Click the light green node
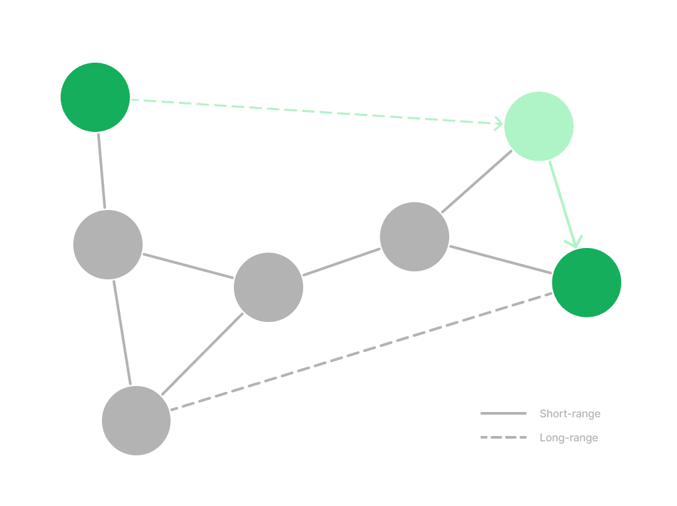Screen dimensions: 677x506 (x=539, y=126)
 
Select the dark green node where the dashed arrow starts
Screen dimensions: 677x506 (x=95, y=97)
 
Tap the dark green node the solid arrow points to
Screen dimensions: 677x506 (x=587, y=283)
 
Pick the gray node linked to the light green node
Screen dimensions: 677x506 (x=414, y=237)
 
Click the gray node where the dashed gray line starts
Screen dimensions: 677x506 (x=137, y=421)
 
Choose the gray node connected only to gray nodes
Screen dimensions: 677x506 (x=269, y=287)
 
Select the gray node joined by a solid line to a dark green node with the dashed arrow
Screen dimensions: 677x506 (x=108, y=245)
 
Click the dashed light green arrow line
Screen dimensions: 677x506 (x=317, y=112)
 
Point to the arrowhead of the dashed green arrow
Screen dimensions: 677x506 (x=499, y=124)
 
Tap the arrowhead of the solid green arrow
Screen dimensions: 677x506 (x=574, y=242)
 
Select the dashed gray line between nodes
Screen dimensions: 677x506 (x=361, y=351)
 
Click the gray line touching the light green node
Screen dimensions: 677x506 (x=476, y=181)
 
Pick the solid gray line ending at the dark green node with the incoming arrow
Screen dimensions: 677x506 (x=501, y=260)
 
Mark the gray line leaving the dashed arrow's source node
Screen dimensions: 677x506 (x=101, y=171)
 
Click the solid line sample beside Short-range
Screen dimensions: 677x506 (x=504, y=413)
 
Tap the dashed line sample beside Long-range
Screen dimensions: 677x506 (x=504, y=437)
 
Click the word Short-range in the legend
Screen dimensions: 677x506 (x=570, y=413)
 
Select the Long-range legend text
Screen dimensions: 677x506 (x=568, y=438)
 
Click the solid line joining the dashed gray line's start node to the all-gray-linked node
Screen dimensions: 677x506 (x=203, y=354)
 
